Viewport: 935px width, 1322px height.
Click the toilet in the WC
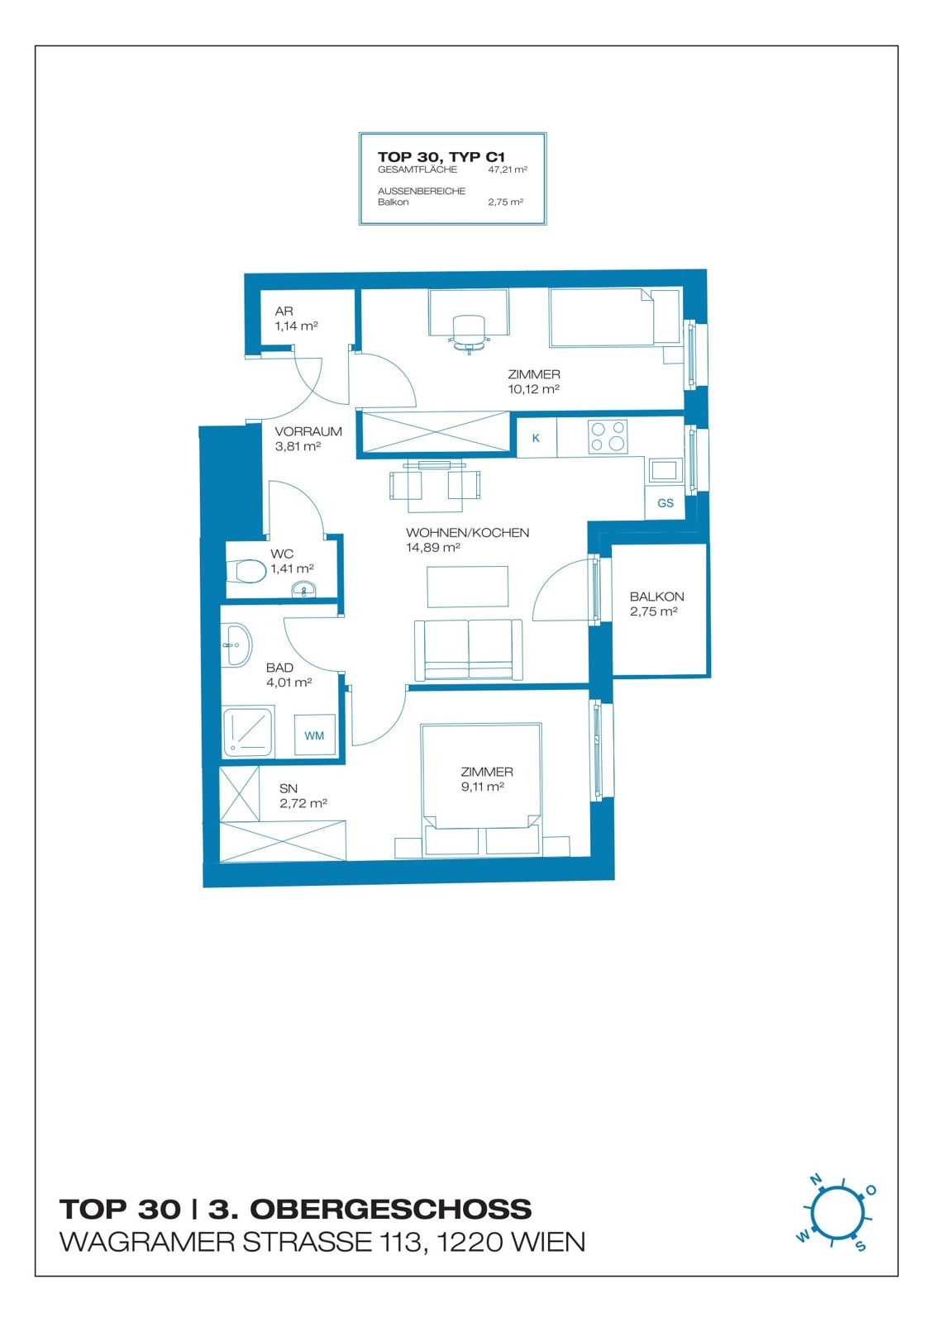[246, 571]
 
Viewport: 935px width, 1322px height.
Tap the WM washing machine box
[314, 735]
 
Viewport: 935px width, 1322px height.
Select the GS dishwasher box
[665, 503]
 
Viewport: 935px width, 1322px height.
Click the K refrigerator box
[537, 437]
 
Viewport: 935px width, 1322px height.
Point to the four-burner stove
[608, 436]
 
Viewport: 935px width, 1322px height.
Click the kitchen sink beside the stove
[663, 470]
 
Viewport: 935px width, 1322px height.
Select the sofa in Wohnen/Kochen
[469, 649]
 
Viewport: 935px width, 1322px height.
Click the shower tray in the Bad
[248, 732]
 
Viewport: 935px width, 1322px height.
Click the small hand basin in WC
[303, 589]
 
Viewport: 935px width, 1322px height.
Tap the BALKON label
[656, 597]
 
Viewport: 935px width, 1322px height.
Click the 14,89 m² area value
[433, 547]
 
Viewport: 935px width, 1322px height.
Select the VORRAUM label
[308, 431]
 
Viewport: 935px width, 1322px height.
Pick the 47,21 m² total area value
[508, 169]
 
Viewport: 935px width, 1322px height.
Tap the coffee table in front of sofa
[467, 587]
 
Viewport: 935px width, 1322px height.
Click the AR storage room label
[284, 311]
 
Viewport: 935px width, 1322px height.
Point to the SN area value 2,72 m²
[303, 803]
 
